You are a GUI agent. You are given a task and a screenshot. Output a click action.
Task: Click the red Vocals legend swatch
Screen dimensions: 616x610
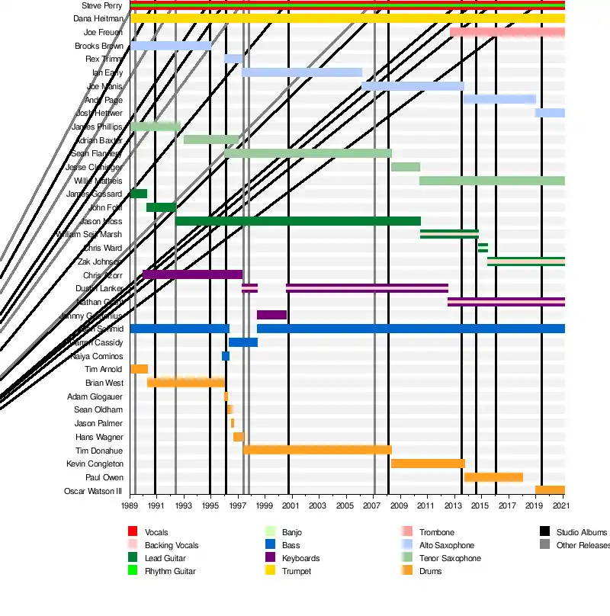132,531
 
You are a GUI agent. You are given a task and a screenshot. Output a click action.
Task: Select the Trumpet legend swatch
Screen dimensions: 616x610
269,571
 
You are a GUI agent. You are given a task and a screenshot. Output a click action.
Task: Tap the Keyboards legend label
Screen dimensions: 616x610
300,558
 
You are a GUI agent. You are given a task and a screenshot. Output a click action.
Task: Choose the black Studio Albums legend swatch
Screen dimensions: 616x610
544,531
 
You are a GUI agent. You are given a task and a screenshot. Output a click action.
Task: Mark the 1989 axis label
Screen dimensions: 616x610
130,505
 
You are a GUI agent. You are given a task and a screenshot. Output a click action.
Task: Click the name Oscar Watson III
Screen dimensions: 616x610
93,491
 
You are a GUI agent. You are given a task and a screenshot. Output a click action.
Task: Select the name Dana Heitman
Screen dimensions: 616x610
98,18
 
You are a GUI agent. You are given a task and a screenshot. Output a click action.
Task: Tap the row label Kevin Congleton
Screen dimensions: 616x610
94,464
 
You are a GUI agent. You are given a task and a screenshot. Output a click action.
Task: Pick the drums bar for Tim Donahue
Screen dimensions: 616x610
317,450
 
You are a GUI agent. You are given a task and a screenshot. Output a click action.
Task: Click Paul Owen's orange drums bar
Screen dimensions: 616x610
493,477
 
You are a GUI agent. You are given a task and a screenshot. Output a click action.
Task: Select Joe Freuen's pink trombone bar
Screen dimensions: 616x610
507,32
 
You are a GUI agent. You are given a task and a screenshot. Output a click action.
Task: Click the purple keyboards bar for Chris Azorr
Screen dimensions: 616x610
192,274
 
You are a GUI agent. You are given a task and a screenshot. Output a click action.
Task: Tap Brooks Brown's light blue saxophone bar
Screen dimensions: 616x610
170,46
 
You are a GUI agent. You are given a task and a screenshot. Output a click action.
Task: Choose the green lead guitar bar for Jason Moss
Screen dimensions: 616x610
297,221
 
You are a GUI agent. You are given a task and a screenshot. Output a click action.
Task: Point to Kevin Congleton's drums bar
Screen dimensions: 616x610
428,464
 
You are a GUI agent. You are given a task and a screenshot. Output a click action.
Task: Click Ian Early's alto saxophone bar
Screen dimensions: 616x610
302,72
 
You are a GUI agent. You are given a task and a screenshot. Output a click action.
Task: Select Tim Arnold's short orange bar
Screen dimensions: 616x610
139,369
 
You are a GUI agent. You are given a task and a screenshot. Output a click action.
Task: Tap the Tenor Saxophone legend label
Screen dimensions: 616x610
450,558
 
